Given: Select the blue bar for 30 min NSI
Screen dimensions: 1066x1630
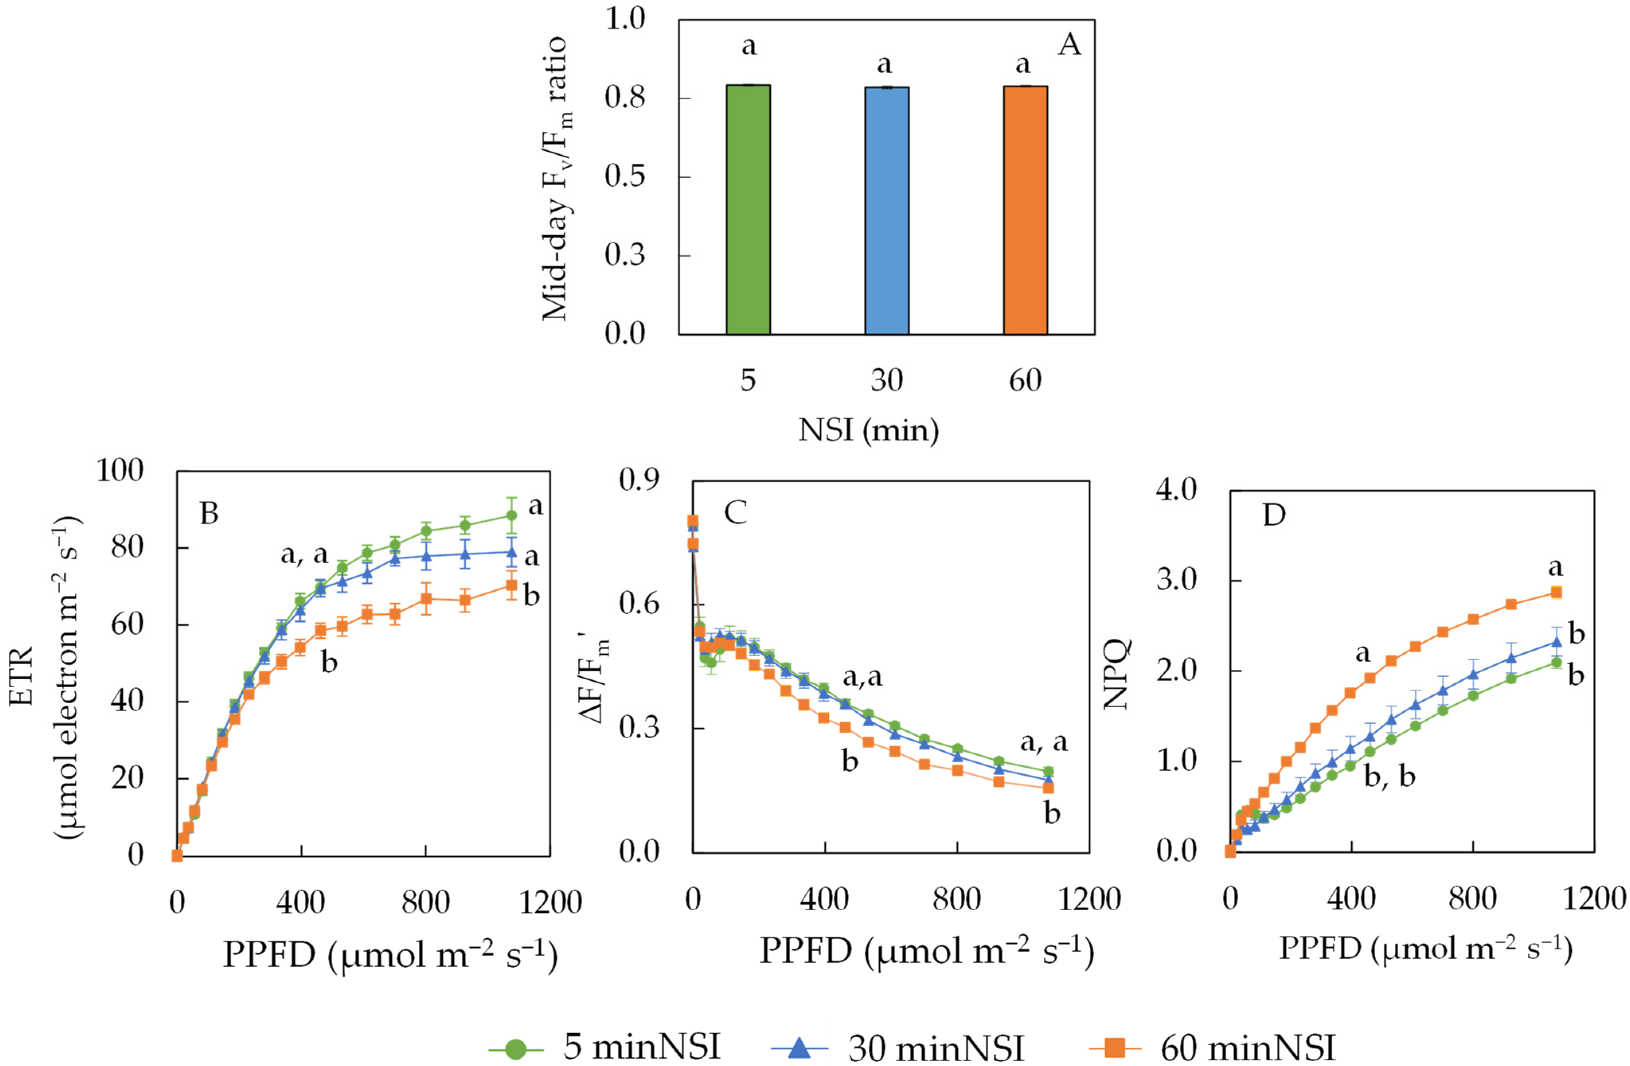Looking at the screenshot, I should coord(887,211).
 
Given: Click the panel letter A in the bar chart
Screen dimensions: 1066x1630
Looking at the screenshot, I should coord(1069,45).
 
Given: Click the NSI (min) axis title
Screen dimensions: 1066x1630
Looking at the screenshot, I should coord(869,430).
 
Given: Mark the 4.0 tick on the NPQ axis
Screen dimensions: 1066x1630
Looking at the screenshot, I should coord(1176,491).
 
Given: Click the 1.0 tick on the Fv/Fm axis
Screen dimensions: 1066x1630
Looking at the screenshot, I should coord(625,19).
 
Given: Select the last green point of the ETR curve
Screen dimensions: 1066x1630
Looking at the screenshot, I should coord(511,516).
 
